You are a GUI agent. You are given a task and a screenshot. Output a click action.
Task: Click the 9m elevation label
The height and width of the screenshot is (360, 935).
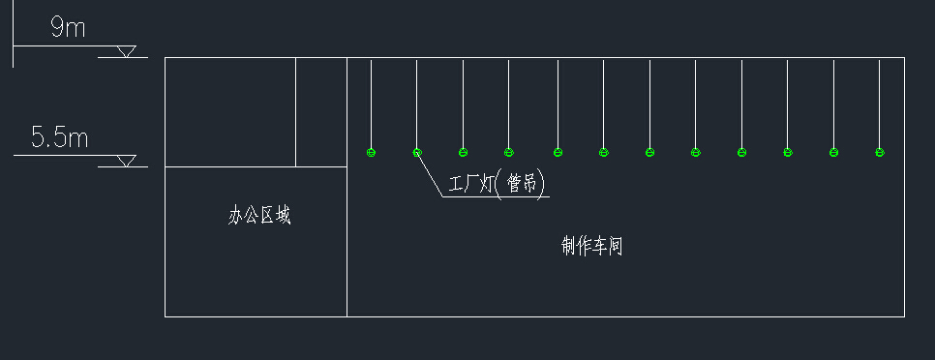coord(68,28)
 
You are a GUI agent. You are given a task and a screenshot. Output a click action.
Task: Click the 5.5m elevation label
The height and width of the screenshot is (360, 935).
coord(59,137)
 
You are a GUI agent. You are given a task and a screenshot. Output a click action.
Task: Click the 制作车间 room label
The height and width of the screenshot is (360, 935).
coord(591,247)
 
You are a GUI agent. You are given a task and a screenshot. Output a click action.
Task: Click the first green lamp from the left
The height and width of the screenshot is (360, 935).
coord(371,152)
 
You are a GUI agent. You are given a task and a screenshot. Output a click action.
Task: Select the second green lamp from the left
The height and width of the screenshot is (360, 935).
coord(417,152)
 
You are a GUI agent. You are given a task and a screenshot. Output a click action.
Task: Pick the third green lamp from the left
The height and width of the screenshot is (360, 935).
coord(463,152)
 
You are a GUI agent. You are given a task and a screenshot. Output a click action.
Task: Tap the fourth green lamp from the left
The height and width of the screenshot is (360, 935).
coord(508,152)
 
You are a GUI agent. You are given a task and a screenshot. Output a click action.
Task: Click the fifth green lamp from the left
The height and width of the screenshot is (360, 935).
coord(558,152)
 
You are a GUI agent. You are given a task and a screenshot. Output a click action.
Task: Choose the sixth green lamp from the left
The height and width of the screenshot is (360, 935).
coord(603,152)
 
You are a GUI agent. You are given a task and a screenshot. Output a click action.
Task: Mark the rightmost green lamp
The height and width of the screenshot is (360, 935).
coord(879,152)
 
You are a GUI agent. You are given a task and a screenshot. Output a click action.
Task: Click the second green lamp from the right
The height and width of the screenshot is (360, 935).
coord(833,152)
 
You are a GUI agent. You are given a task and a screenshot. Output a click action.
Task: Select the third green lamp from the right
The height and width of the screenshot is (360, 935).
coord(788,152)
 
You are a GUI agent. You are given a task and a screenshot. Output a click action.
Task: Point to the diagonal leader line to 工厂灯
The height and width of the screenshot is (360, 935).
coord(432,175)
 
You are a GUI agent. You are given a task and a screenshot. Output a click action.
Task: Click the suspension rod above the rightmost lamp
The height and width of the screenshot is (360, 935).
coord(879,102)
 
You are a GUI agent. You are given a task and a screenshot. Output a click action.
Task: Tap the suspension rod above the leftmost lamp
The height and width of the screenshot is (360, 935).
coord(371,102)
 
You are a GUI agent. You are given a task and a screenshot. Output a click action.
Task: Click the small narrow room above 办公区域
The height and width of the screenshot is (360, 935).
coord(321,111)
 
